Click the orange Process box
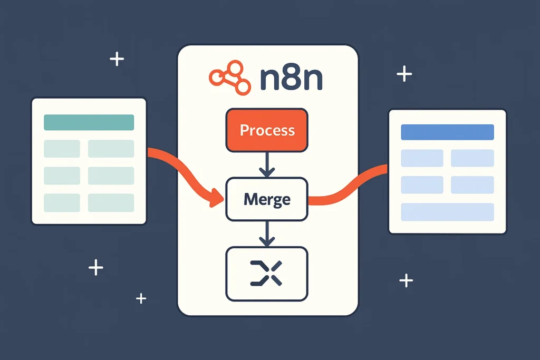(267, 130)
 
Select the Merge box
(267, 199)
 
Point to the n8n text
(292, 80)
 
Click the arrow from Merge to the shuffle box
(267, 233)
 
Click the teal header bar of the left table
(89, 122)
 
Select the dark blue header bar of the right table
(447, 132)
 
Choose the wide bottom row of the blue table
(447, 212)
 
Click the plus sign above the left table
(117, 59)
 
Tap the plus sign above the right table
(404, 74)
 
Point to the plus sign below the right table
(406, 280)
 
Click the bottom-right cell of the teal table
(111, 203)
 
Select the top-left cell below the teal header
(62, 149)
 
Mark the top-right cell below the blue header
(472, 158)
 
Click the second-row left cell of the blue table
(422, 185)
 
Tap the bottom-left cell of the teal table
(62, 203)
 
